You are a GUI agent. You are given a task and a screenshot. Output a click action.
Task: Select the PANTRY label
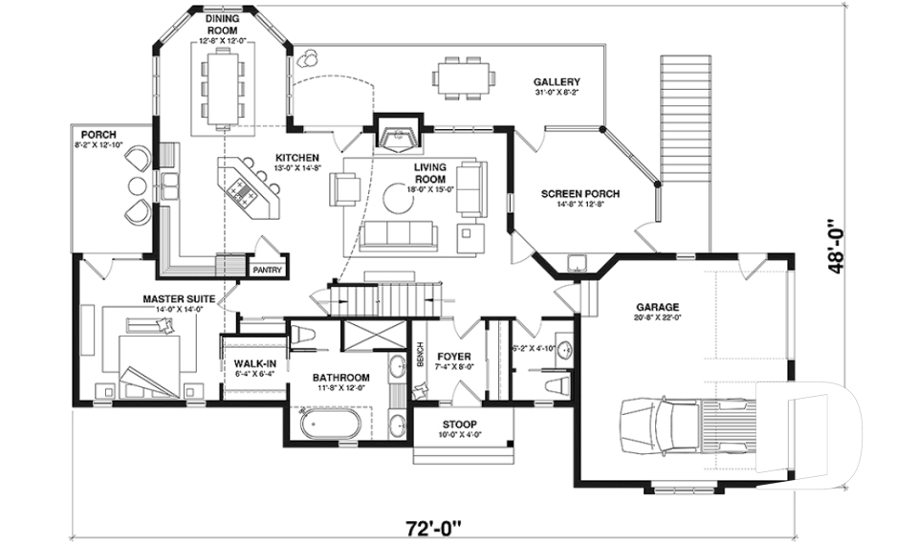267,271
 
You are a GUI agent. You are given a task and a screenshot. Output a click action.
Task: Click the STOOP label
460,424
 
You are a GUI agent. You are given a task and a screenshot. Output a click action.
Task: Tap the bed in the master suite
151,356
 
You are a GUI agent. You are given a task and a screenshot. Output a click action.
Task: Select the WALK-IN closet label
253,363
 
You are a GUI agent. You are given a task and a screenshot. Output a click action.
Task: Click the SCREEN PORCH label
579,194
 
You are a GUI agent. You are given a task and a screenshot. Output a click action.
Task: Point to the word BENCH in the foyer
420,356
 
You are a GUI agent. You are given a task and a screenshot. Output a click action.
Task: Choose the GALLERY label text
557,81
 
